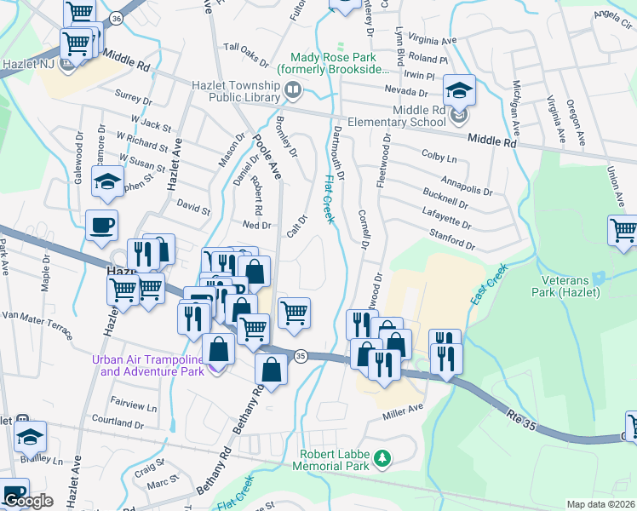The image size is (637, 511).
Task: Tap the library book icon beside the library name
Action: [x=293, y=89]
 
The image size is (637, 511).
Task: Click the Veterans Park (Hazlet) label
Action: [x=571, y=286]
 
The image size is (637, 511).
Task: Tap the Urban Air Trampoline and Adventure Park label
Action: [x=148, y=365]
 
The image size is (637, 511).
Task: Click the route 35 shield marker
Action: [x=300, y=356]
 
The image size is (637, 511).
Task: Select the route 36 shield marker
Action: [x=117, y=17]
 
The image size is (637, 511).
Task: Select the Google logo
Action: [x=28, y=501]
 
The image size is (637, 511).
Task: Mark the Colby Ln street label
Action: [x=439, y=158]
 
